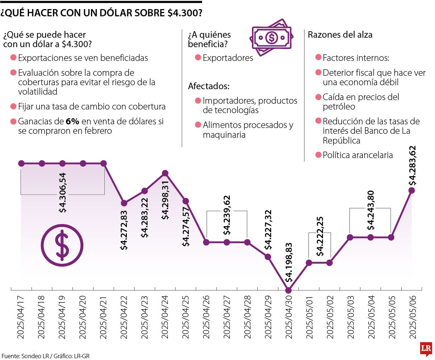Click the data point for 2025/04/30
(289, 290)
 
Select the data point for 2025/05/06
(411, 190)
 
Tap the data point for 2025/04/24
(165, 173)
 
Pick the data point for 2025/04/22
(124, 203)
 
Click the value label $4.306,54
(63, 192)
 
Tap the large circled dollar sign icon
(62, 245)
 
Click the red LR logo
(426, 349)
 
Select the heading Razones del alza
(340, 35)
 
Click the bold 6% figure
(72, 121)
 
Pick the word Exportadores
(228, 58)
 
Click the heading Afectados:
(208, 86)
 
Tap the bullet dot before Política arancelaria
(318, 155)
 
